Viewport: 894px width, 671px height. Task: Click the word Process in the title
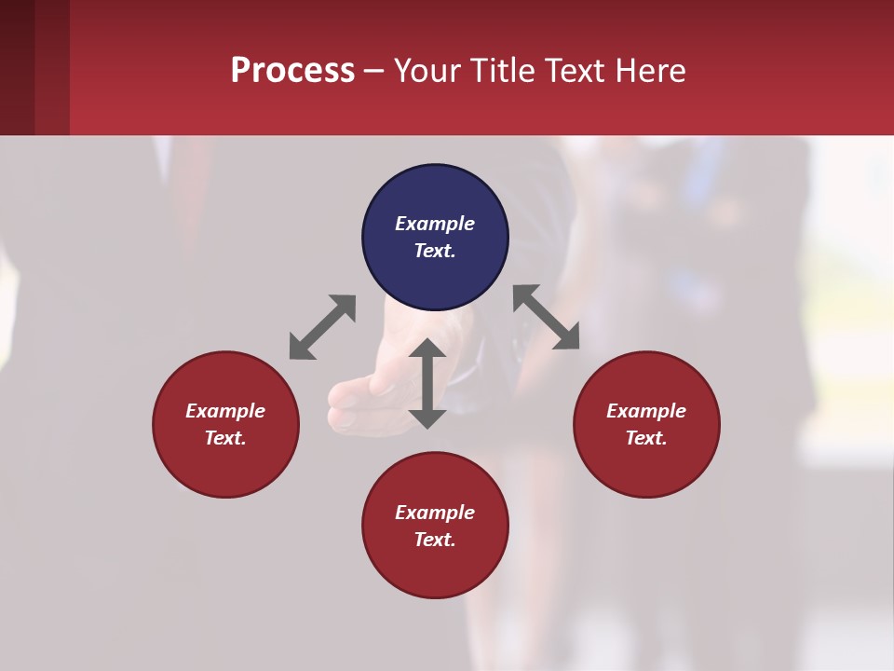click(x=292, y=71)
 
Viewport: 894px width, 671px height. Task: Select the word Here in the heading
click(x=651, y=71)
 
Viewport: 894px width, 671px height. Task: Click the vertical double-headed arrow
click(x=427, y=384)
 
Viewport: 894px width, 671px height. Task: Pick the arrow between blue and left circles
click(x=322, y=327)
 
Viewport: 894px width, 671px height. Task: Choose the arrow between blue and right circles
click(x=547, y=317)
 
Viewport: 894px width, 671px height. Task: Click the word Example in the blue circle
click(x=435, y=224)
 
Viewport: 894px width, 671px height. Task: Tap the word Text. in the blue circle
click(x=435, y=251)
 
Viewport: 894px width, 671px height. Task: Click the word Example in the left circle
click(x=225, y=411)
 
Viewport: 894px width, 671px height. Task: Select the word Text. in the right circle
click(x=646, y=438)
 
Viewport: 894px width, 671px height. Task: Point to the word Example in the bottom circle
click(x=435, y=513)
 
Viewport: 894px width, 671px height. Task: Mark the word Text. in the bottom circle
click(x=435, y=540)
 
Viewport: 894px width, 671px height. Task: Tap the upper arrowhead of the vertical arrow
click(x=427, y=350)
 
